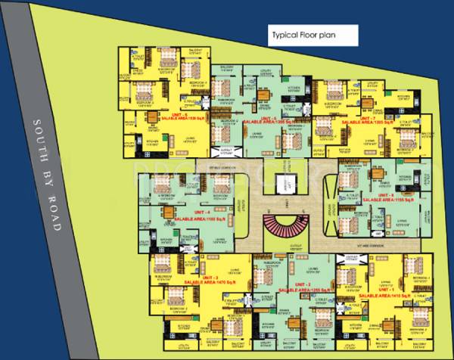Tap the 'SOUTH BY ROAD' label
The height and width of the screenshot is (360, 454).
click(x=48, y=174)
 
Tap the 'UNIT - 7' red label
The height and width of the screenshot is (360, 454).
click(x=365, y=116)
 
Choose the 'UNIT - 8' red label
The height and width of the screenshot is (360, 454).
click(x=390, y=194)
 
